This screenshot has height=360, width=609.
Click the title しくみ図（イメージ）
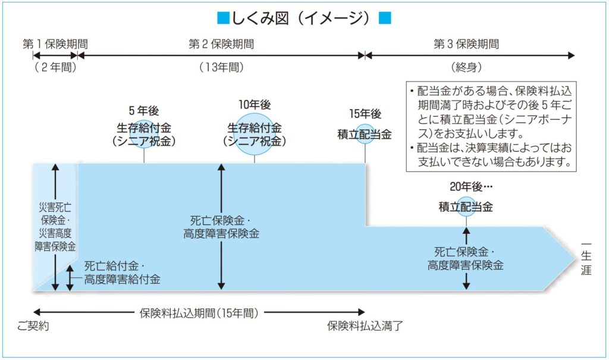[x=305, y=18]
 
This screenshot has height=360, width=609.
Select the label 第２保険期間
[x=221, y=43]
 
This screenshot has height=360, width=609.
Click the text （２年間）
[x=55, y=67]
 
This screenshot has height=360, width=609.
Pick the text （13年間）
[x=221, y=67]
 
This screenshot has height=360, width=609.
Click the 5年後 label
[x=144, y=111]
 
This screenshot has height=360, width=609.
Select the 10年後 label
[x=255, y=105]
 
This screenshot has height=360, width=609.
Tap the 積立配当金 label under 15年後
[x=365, y=134]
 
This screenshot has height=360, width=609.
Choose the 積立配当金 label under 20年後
[x=466, y=207]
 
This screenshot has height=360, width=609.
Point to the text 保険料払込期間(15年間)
[x=199, y=312]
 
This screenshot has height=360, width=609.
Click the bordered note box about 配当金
[x=491, y=126]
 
